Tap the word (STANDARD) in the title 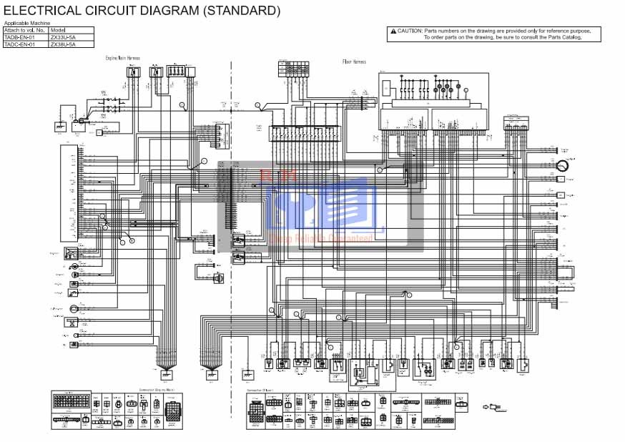click(241, 11)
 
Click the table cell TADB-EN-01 click(19, 37)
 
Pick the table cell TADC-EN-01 click(19, 44)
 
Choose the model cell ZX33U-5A click(62, 37)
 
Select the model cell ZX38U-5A click(62, 44)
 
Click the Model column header click(59, 30)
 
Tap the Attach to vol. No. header click(25, 30)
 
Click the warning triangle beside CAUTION click(393, 31)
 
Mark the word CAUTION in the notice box click(410, 31)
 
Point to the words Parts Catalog click(566, 37)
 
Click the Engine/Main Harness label click(123, 58)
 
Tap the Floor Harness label click(354, 62)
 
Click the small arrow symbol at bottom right click(491, 408)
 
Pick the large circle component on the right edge click(562, 165)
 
